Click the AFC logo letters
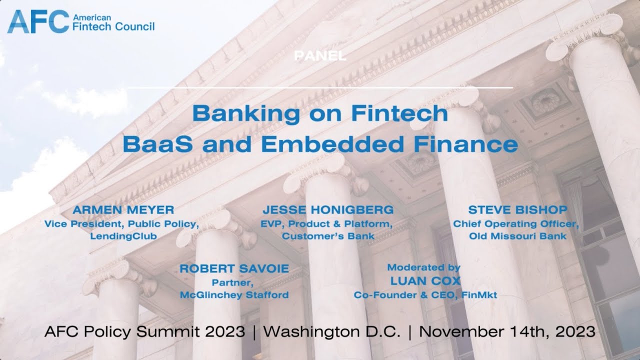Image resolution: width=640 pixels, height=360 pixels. [38, 21]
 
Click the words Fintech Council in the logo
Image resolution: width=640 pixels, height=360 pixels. [113, 26]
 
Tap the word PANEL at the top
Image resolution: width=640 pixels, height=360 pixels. [320, 56]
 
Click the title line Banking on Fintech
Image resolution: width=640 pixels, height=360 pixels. [320, 113]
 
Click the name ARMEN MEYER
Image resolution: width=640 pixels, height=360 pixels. [123, 209]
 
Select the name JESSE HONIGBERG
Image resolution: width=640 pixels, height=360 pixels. [328, 209]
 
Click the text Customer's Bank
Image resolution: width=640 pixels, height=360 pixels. [328, 236]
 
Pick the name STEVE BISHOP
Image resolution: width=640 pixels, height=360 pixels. [517, 209]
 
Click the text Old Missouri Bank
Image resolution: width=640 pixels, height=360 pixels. [517, 236]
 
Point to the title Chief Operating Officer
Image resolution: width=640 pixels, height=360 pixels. [516, 223]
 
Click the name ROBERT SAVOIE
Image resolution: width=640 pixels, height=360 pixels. [234, 268]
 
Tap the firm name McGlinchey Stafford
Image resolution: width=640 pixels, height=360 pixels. [234, 295]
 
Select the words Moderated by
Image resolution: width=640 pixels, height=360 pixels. [424, 267]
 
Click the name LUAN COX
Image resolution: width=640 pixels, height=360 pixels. [425, 281]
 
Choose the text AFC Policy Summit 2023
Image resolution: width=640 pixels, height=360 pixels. [145, 331]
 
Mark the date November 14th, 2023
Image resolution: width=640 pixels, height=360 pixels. [506, 331]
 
